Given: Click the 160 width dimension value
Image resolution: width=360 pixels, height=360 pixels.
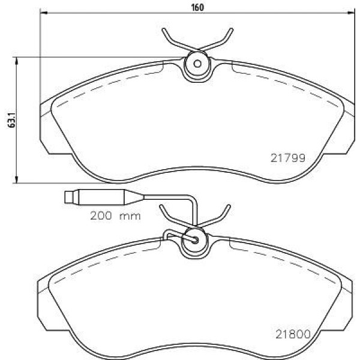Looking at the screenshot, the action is tap(197, 8).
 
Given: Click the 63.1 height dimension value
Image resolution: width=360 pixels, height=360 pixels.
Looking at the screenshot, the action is tap(12, 120).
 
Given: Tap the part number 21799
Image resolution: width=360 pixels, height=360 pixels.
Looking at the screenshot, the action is tap(288, 158).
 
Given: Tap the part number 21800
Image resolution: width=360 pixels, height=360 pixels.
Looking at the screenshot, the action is tap(293, 334).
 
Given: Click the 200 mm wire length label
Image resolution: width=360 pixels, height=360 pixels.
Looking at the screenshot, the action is tap(115, 216).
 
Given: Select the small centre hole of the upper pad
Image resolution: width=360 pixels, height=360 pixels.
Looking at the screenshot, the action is tap(197, 64).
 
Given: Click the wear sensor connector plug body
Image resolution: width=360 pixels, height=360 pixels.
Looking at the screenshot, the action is tap(101, 197).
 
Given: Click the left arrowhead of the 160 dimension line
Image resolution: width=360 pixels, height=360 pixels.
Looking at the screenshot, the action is tap(44, 13).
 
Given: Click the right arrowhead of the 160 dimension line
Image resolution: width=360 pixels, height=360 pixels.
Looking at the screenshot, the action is tap(351, 13).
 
